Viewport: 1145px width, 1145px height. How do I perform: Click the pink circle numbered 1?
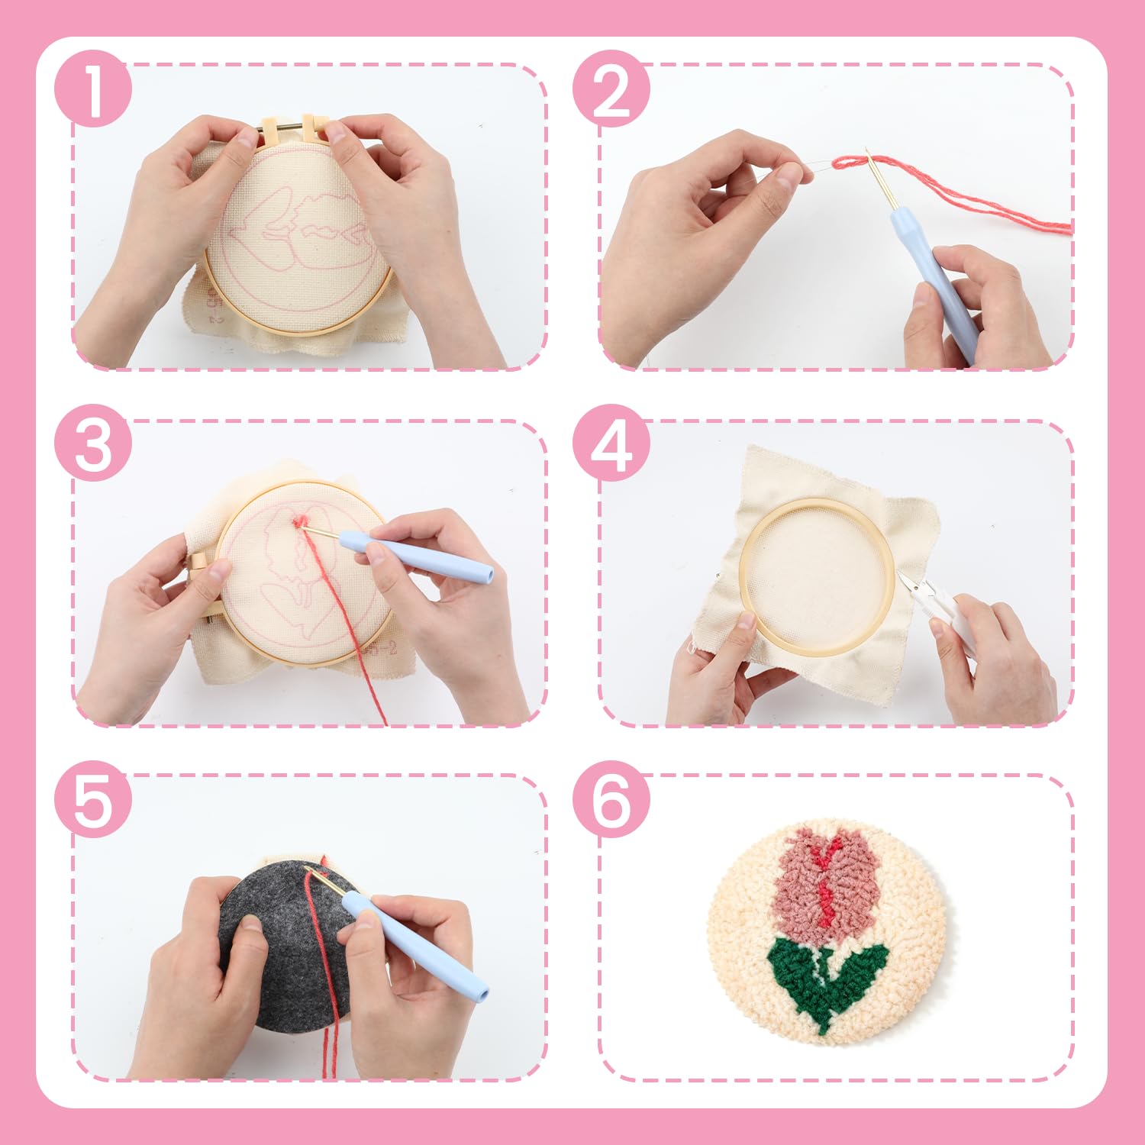(93, 89)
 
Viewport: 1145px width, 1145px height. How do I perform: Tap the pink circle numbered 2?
(611, 89)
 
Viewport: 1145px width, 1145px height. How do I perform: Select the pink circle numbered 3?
(93, 443)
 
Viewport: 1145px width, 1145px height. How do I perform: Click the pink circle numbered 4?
(611, 443)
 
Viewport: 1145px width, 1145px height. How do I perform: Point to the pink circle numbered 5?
(93, 799)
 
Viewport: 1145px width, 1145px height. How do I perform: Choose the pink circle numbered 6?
(611, 799)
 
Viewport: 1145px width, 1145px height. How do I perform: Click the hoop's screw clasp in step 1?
(293, 128)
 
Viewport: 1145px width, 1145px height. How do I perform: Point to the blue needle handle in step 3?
(416, 558)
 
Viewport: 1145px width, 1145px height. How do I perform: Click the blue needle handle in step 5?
(416, 947)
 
